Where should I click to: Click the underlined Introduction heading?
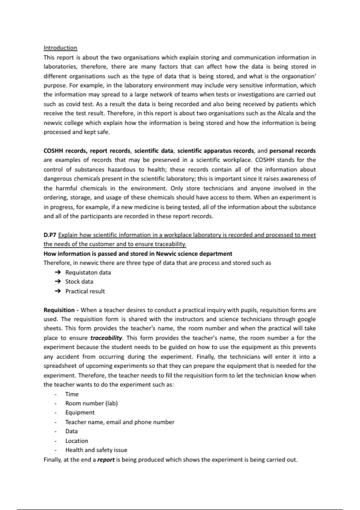[60, 48]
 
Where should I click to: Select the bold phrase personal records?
[292, 151]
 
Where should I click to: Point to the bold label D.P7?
[50, 235]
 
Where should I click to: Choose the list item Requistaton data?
[88, 272]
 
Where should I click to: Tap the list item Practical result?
[85, 291]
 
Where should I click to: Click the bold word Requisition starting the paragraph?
[59, 310]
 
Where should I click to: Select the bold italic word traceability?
[106, 338]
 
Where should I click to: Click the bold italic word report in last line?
[106, 460]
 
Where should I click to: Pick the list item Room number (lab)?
[91, 403]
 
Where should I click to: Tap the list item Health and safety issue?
[96, 450]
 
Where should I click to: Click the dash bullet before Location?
[55, 441]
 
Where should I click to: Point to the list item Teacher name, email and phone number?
[120, 422]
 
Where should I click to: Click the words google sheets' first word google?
[306, 319]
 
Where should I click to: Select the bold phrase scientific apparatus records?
[215, 151]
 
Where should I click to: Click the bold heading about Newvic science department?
[138, 253]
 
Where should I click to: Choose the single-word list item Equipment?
[80, 412]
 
